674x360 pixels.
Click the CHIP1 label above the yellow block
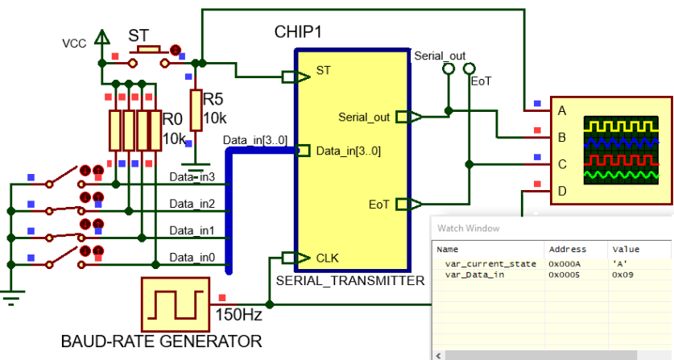(x=298, y=32)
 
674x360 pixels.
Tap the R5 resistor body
(x=196, y=110)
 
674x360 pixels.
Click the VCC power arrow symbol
(x=102, y=37)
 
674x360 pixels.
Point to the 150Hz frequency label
(x=238, y=314)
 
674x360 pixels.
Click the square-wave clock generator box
(x=176, y=304)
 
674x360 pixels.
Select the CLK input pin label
(x=327, y=258)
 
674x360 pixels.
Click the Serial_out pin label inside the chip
(x=364, y=118)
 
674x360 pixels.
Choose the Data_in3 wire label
(x=192, y=177)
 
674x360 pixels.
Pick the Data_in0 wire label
(x=192, y=258)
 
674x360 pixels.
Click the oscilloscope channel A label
(x=562, y=111)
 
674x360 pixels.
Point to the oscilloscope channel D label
(x=562, y=191)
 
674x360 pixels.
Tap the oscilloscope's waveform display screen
(x=621, y=151)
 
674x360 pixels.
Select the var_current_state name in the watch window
(x=490, y=263)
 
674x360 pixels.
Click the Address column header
(x=568, y=249)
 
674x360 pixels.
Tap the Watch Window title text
(x=469, y=229)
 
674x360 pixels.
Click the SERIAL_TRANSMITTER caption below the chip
(x=350, y=281)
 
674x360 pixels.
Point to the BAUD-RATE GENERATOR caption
(x=162, y=341)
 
